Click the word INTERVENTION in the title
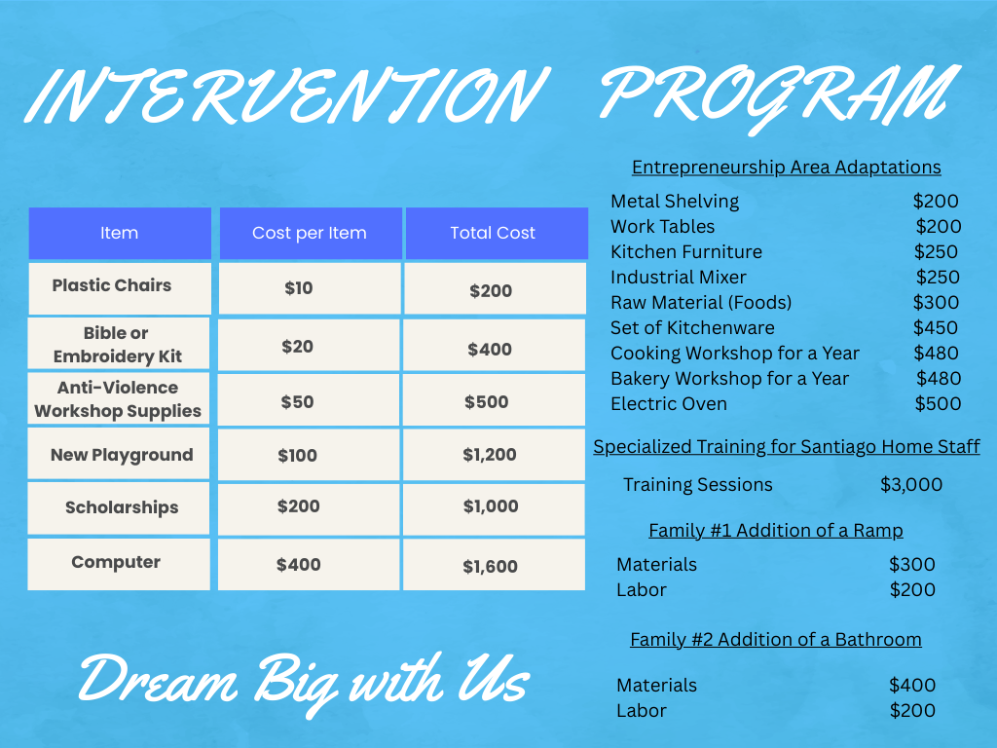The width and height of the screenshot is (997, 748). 286,95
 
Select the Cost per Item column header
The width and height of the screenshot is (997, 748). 309,234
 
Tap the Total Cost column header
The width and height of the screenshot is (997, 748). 493,233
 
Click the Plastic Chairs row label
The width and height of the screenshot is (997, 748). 112,285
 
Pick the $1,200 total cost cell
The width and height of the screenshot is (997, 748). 490,455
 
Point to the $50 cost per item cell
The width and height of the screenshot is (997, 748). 298,402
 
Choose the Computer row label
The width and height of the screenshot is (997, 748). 116,562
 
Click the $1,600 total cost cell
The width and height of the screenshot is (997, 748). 491,566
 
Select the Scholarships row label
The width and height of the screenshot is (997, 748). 122,507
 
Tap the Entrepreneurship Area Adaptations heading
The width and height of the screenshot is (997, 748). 787,168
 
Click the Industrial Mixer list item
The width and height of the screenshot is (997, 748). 679,278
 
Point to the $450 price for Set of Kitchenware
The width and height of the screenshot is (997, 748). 936,327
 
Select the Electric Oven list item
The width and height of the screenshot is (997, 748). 669,404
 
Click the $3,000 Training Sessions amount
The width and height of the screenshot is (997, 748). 911,485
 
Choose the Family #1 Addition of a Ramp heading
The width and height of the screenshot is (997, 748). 776,531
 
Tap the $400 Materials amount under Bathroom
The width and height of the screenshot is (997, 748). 912,685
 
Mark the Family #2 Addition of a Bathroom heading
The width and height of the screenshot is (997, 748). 776,639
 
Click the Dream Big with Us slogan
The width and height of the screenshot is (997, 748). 304,683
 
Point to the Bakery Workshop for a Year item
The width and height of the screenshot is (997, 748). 730,379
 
